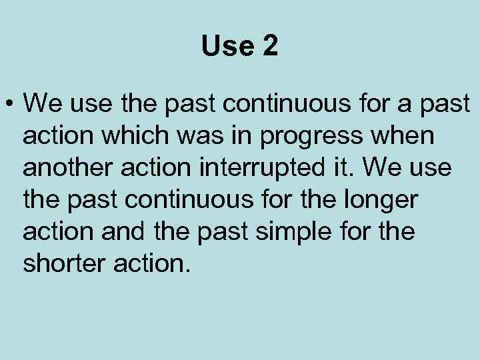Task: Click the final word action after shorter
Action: (x=154, y=264)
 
